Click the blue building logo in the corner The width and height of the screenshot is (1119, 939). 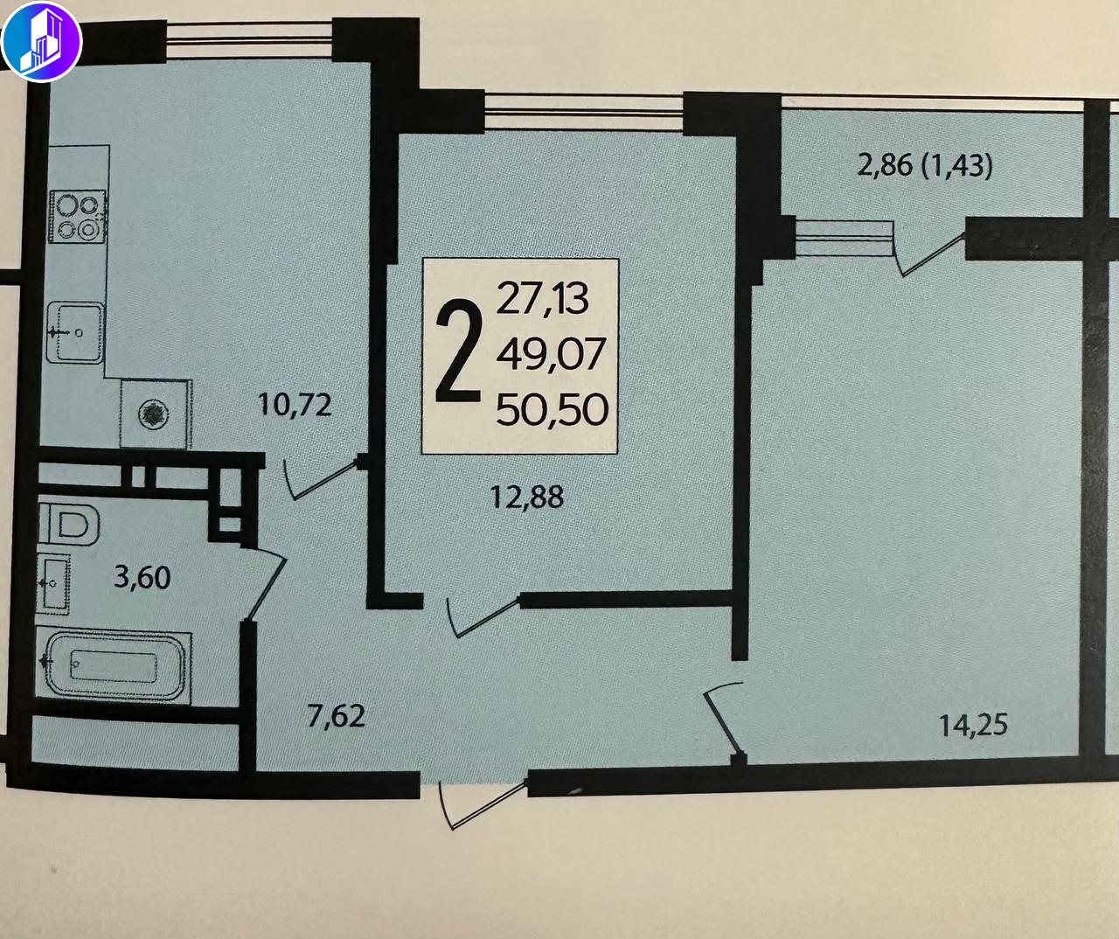click(41, 41)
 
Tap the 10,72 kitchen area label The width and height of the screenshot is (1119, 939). click(295, 405)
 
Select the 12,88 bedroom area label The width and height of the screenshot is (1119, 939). click(527, 497)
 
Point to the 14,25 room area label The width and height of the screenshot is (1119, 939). click(973, 725)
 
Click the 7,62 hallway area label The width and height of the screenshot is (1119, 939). click(336, 716)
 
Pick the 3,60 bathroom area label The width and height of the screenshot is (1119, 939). click(142, 578)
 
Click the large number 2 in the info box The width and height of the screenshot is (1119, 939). click(458, 351)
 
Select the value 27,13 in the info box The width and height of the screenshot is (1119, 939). click(542, 298)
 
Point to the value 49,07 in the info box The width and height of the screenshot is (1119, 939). click(551, 354)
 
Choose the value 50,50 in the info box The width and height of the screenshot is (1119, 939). click(552, 409)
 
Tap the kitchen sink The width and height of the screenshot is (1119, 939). click(75, 332)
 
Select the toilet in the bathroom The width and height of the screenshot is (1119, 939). click(70, 524)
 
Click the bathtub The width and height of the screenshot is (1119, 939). click(114, 667)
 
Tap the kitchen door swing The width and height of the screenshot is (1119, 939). click(322, 478)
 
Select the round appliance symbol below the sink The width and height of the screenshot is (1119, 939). click(154, 414)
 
